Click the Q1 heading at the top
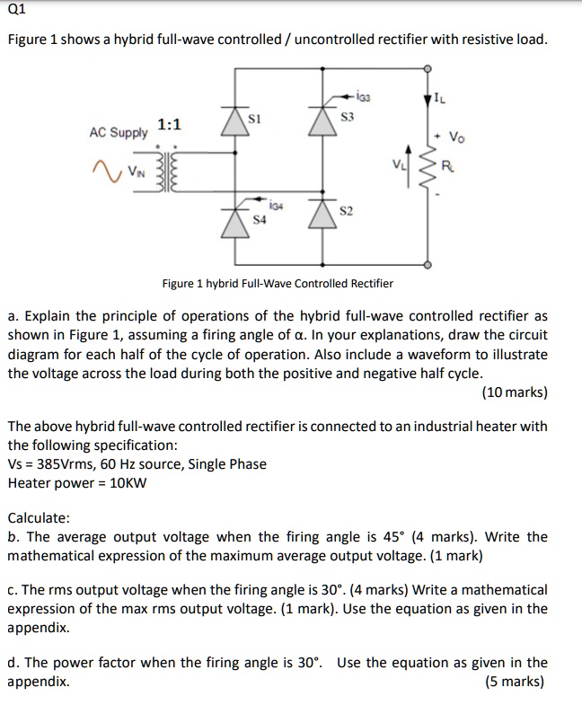tap(17, 11)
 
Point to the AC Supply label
tap(118, 133)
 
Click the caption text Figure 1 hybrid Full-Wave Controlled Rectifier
tap(277, 283)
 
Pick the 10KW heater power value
tap(125, 482)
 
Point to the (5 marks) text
tap(514, 681)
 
